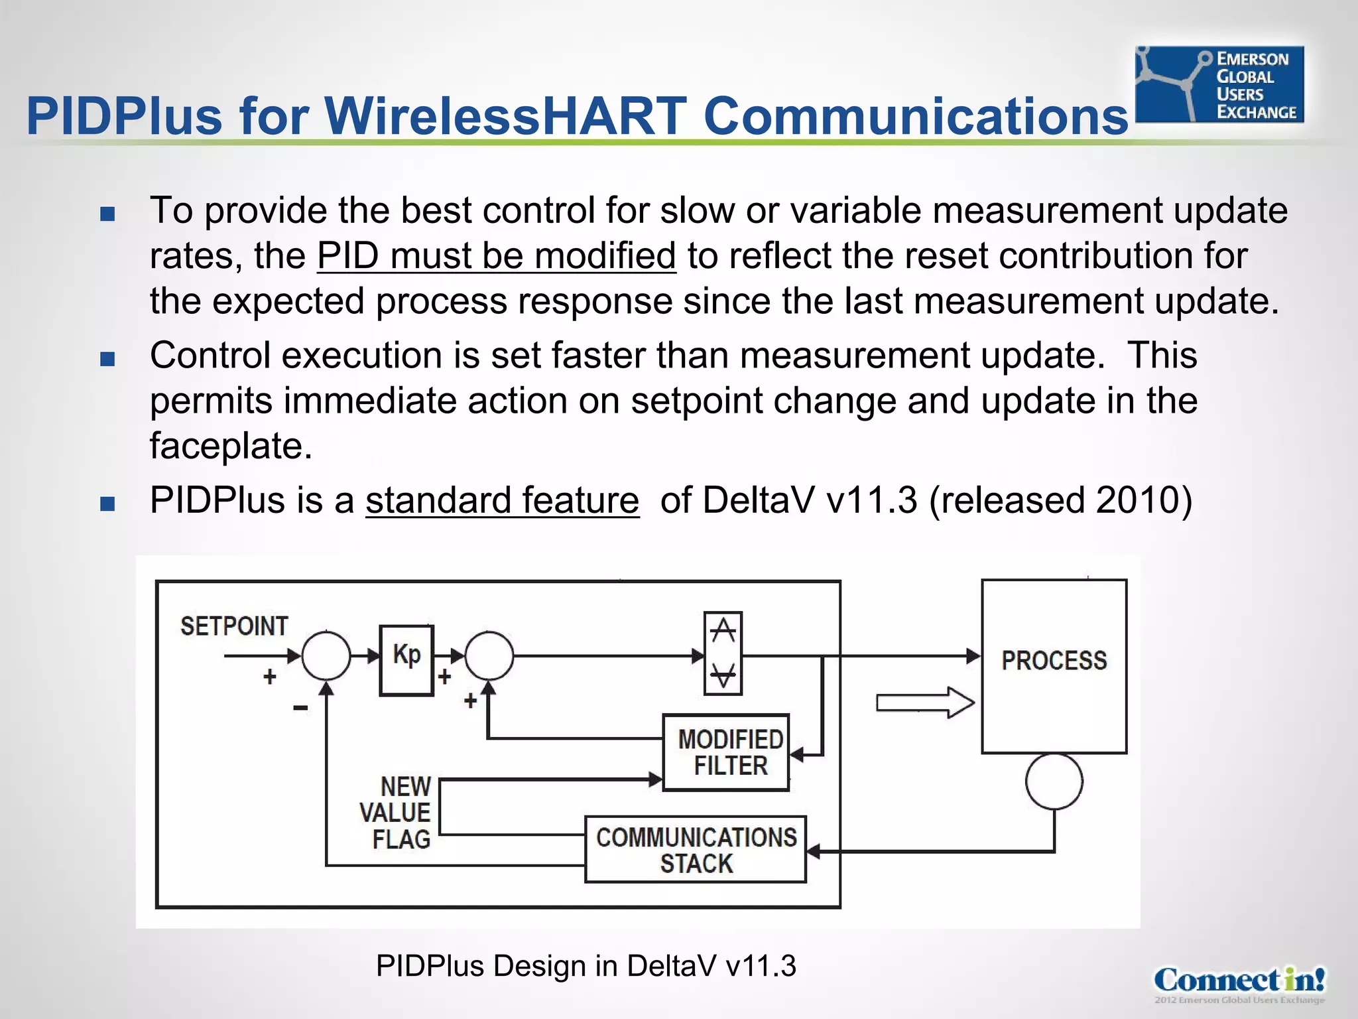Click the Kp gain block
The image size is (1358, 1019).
click(x=406, y=659)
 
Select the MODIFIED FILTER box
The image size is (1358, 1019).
click(x=727, y=752)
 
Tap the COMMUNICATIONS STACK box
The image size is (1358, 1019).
click(x=695, y=849)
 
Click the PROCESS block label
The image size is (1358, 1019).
click(x=1054, y=661)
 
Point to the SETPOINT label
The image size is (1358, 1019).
click(x=234, y=626)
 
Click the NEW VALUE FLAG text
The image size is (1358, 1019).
click(x=397, y=813)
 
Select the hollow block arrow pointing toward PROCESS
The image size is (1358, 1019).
click(x=924, y=703)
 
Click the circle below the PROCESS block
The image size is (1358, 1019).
click(x=1054, y=781)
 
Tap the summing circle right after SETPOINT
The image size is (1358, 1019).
click(x=326, y=655)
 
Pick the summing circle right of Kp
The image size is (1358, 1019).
click(x=489, y=655)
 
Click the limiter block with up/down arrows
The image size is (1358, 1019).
click(x=723, y=653)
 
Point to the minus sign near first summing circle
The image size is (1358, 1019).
click(x=300, y=709)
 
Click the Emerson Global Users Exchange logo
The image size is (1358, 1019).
click(x=1219, y=84)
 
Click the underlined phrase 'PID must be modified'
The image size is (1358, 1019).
click(x=496, y=256)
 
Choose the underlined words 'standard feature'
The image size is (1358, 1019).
click(x=502, y=500)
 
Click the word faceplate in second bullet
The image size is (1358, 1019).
click(x=230, y=446)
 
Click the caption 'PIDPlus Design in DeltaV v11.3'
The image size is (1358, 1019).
click(x=586, y=966)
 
